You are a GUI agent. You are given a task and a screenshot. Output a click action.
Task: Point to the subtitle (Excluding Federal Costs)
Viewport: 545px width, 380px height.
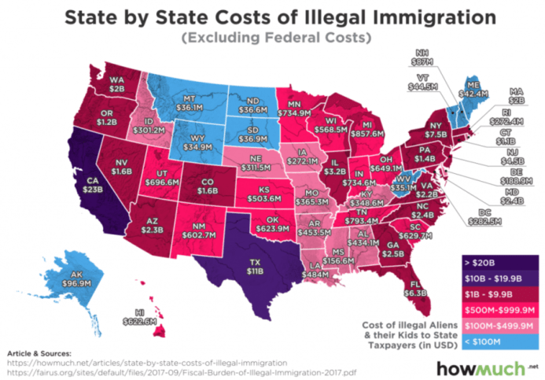pos(271,39)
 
